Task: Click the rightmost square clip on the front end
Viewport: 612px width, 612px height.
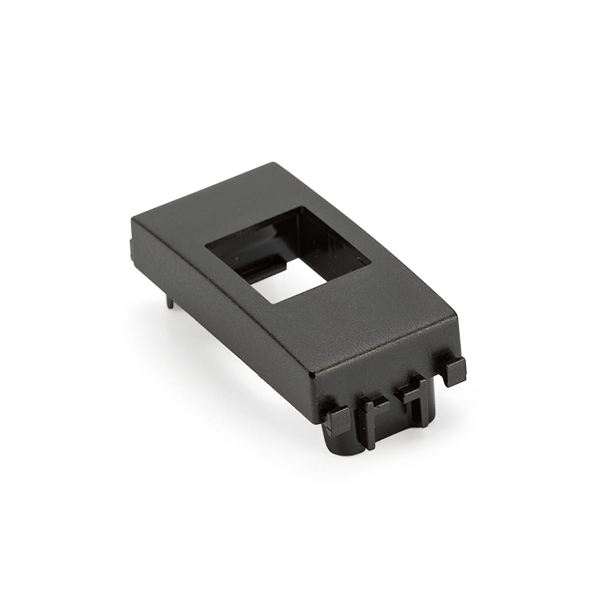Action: click(x=452, y=370)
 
